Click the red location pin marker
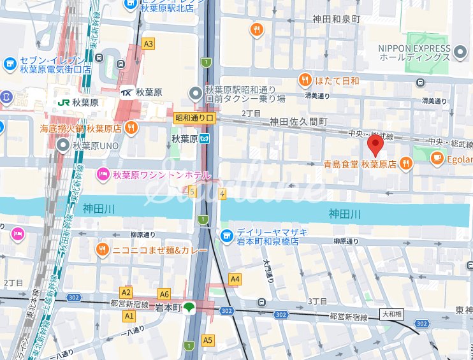pyautogui.click(x=375, y=146)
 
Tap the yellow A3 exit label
pyautogui.click(x=149, y=44)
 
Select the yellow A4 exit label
pyautogui.click(x=235, y=278)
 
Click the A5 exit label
pyautogui.click(x=208, y=340)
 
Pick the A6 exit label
pyautogui.click(x=164, y=294)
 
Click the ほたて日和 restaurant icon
pyautogui.click(x=305, y=80)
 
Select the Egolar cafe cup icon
pyautogui.click(x=437, y=159)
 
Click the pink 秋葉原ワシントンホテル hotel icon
pyautogui.click(x=102, y=174)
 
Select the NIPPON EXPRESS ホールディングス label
pyautogui.click(x=414, y=53)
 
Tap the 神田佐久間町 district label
pyautogui.click(x=298, y=121)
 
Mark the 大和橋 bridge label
pyautogui.click(x=393, y=314)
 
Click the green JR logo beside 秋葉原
pyautogui.click(x=63, y=102)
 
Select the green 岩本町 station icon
pyautogui.click(x=189, y=308)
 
